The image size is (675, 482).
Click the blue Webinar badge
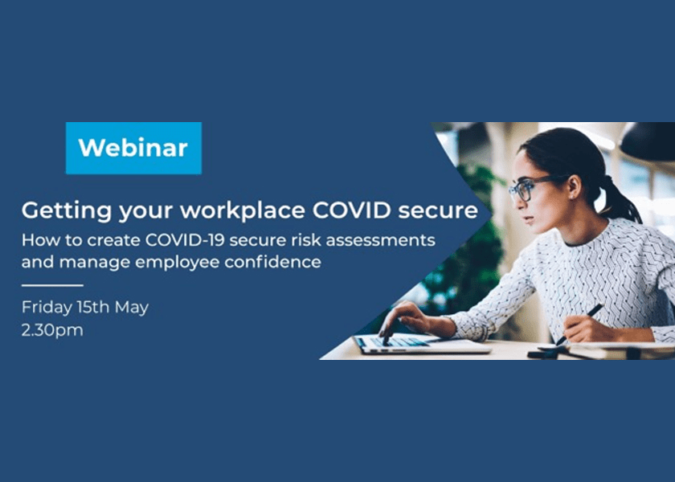pyautogui.click(x=133, y=148)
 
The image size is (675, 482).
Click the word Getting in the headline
pyautogui.click(x=67, y=211)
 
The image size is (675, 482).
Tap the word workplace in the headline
pyautogui.click(x=243, y=211)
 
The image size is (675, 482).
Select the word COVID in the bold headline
pyautogui.click(x=352, y=210)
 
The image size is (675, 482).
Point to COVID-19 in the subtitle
pyautogui.click(x=185, y=239)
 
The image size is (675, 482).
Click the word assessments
pyautogui.click(x=381, y=240)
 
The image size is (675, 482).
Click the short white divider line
pyautogui.click(x=52, y=285)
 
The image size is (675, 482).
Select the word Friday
pyautogui.click(x=47, y=308)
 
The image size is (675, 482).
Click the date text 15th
pyautogui.click(x=93, y=307)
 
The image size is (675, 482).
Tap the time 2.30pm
pyautogui.click(x=52, y=330)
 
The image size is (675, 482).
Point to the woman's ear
pyautogui.click(x=574, y=185)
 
